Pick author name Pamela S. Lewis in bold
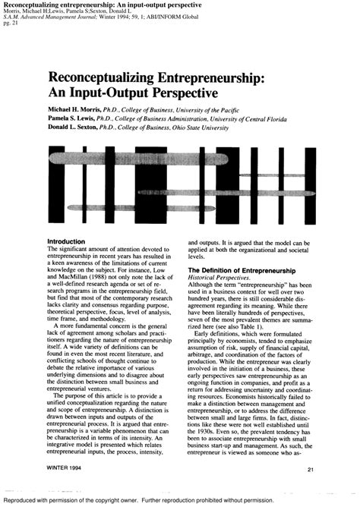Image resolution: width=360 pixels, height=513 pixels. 74,119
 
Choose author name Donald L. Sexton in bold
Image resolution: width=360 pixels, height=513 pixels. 77,128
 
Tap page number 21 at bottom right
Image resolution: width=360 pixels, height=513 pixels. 311,471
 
